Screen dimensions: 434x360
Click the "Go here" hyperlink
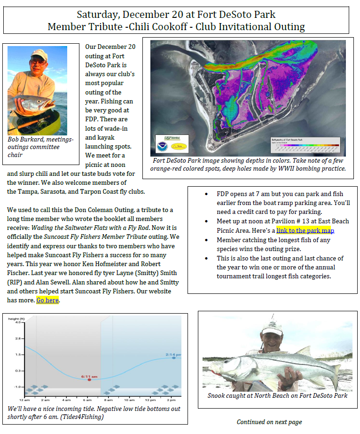(x=47, y=300)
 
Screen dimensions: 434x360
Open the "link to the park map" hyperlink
(x=305, y=230)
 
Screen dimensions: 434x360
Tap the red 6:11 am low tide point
(x=89, y=379)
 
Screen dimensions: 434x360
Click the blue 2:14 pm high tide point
(x=173, y=357)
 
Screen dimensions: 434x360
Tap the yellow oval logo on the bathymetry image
(x=179, y=146)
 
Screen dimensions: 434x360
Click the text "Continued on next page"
(x=269, y=422)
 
